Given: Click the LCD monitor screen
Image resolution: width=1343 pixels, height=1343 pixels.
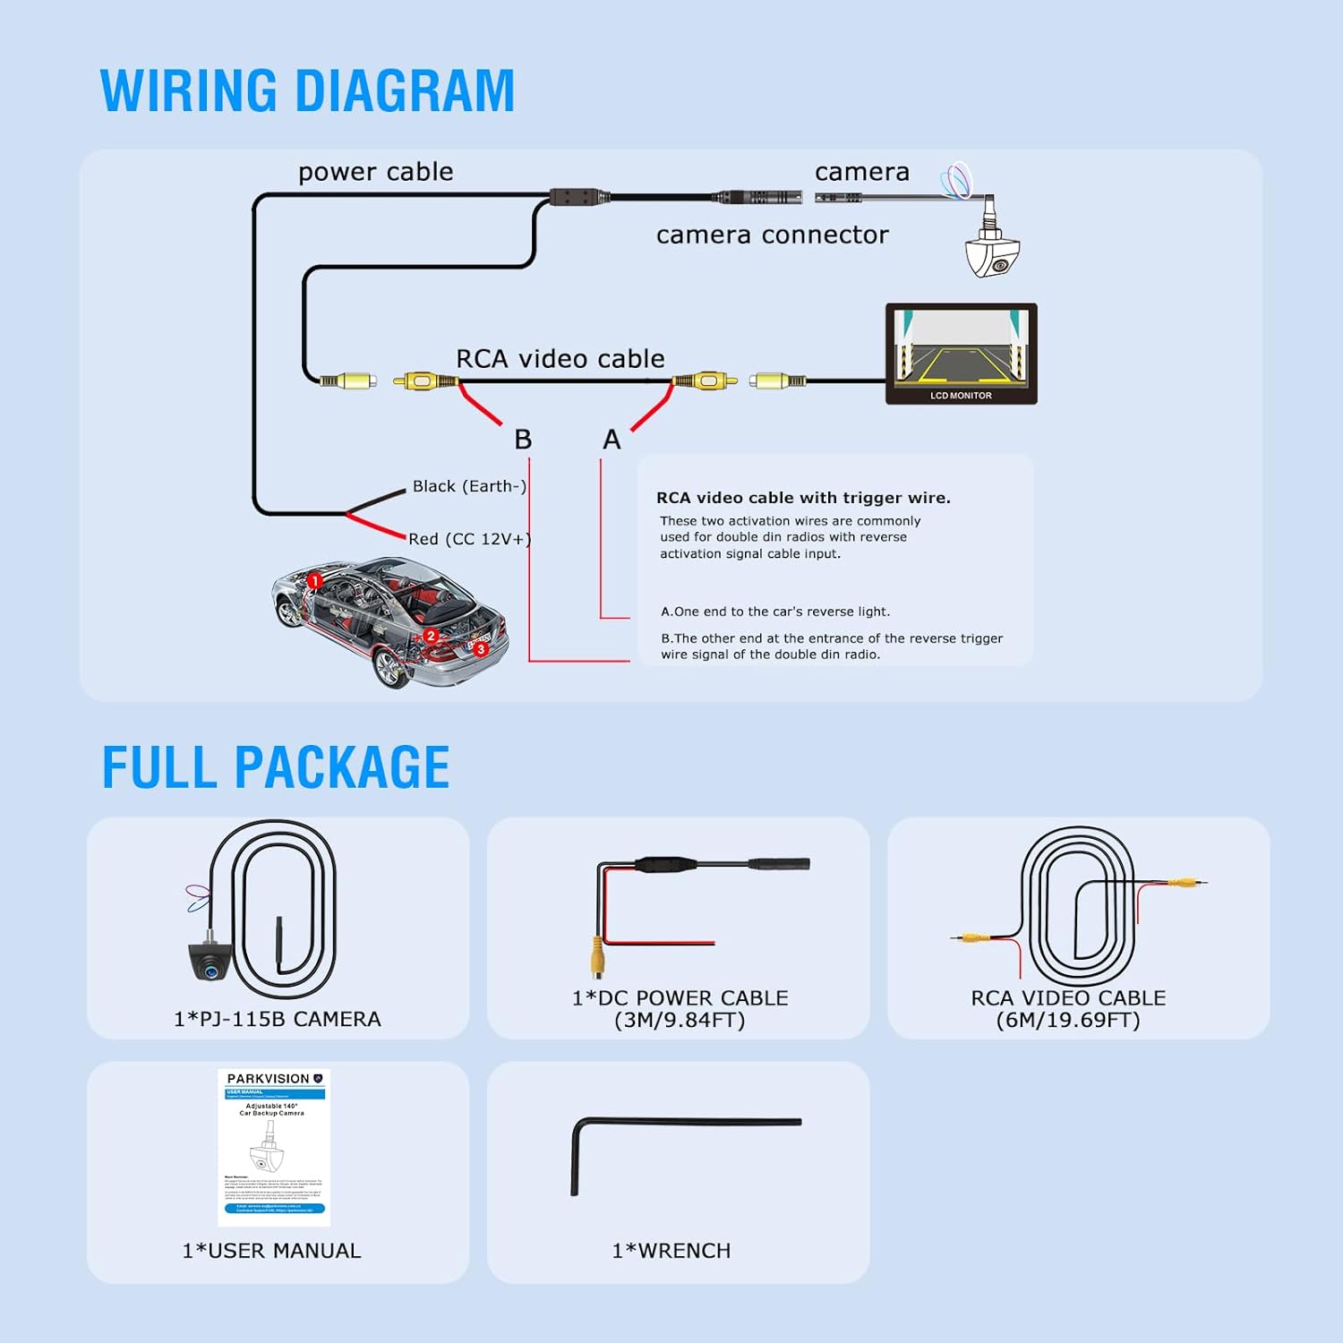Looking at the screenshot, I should coord(961,348).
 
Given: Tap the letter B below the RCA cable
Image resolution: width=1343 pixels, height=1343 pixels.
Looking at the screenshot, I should coord(523,440).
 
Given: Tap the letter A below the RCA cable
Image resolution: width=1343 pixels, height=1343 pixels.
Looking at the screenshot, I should coord(612,440).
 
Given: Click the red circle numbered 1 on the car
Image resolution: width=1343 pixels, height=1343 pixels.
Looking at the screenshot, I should coord(314,581).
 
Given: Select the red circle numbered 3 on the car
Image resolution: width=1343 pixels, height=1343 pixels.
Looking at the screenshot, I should coord(481,648).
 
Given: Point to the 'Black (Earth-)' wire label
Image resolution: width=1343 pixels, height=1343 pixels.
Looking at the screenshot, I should coord(469,486).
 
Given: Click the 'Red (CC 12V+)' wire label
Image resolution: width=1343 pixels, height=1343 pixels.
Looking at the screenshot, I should coord(469,539).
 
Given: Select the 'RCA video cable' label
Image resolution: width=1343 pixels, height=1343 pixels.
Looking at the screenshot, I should coord(560,359).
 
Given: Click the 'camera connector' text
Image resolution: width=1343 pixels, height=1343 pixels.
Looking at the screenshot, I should coord(772,235).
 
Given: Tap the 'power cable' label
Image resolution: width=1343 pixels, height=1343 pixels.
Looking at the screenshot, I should coord(375,172).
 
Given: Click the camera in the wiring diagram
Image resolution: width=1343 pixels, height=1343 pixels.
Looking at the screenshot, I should coord(992,253).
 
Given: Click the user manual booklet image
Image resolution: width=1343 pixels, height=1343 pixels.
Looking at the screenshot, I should coord(274,1147).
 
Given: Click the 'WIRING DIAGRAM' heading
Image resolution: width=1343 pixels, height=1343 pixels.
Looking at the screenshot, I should coord(307,90).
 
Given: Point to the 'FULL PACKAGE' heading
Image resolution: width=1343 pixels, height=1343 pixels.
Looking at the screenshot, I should coord(276,767).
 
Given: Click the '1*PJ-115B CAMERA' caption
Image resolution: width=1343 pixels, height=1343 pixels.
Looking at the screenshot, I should coord(278,1019).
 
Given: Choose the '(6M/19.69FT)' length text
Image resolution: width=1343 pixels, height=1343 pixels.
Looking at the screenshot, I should coord(1068,1021).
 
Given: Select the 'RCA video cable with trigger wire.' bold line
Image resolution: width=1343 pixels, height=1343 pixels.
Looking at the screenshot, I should coord(803,498).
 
